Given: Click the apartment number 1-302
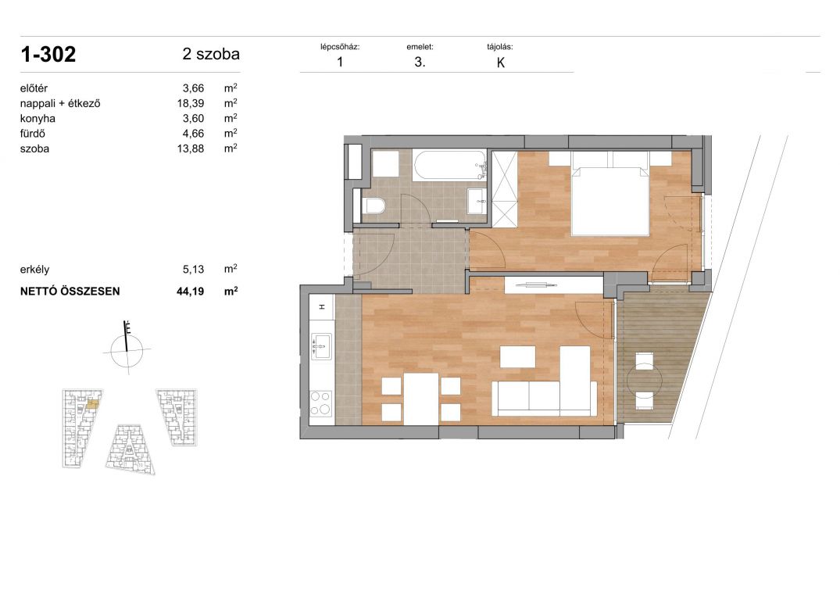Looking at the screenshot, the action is [48, 55].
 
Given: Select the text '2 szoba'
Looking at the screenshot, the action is [211, 54].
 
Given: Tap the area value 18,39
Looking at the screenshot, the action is [191, 103].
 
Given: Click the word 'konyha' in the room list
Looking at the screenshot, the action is [38, 118].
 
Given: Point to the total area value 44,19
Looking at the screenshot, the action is [190, 292].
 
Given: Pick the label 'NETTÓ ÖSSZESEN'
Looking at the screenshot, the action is [70, 292].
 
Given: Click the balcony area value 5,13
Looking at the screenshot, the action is [193, 270].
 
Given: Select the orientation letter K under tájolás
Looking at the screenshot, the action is [501, 63].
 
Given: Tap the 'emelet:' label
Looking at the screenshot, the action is [420, 47].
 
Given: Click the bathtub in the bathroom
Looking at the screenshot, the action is [449, 166].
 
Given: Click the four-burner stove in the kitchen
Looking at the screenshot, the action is [321, 403].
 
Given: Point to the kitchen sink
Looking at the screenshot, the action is [321, 346].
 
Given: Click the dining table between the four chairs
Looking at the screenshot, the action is [421, 399].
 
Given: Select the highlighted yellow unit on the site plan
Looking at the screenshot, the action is [92, 404].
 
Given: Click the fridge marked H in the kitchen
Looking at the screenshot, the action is [321, 307].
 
